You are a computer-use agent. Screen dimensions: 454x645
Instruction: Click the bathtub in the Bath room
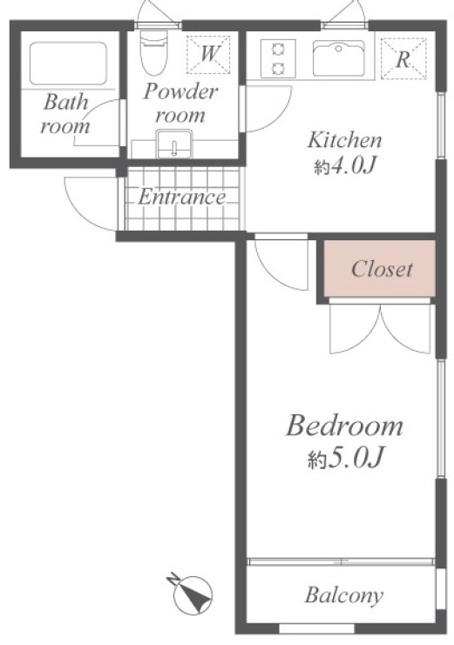(68, 63)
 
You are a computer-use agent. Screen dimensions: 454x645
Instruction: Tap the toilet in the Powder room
(153, 52)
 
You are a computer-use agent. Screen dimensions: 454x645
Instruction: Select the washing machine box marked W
(208, 55)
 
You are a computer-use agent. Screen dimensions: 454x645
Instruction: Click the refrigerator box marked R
(403, 58)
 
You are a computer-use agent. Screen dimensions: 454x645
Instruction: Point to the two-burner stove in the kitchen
(279, 58)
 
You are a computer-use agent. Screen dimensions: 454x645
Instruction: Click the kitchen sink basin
(339, 58)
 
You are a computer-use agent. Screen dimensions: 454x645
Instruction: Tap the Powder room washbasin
(174, 144)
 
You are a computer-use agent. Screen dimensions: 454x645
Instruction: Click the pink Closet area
(379, 269)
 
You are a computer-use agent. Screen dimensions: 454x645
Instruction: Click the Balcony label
(344, 595)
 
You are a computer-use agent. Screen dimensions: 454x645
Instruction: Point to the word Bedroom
(344, 427)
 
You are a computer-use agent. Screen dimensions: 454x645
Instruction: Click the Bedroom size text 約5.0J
(346, 458)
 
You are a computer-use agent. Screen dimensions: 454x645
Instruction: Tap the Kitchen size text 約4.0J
(345, 166)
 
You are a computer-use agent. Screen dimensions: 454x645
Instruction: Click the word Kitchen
(345, 140)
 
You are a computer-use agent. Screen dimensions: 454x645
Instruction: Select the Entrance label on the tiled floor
(181, 197)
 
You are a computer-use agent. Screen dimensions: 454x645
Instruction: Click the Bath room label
(65, 114)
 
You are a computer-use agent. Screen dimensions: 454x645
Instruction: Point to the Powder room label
(180, 104)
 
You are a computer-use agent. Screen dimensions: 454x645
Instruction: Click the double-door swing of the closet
(379, 328)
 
